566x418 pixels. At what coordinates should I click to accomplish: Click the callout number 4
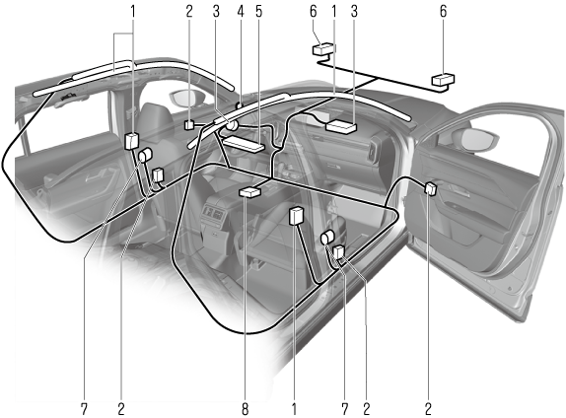[241, 12]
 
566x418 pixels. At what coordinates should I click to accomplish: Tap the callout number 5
[258, 12]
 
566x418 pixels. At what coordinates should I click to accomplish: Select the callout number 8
[246, 409]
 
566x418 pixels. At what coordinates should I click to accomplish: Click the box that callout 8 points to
[249, 191]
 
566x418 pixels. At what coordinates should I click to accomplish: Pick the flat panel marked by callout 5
[244, 144]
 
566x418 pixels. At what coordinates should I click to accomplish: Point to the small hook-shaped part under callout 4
[239, 105]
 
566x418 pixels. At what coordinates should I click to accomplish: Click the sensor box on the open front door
[431, 188]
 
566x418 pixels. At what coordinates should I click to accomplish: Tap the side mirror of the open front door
[476, 139]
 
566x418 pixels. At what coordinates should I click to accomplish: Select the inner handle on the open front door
[459, 190]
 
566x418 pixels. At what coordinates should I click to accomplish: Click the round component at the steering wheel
[232, 125]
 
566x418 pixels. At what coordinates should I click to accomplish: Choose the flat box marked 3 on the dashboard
[341, 127]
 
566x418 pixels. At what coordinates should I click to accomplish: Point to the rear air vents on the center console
[214, 213]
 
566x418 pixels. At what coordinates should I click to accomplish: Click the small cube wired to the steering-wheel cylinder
[189, 125]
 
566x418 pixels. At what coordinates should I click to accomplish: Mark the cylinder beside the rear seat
[146, 155]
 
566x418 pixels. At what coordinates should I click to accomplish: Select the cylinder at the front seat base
[327, 238]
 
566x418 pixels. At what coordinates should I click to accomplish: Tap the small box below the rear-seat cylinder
[158, 174]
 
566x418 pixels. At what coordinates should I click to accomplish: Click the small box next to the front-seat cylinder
[339, 252]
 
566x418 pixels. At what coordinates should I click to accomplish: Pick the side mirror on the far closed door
[187, 99]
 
